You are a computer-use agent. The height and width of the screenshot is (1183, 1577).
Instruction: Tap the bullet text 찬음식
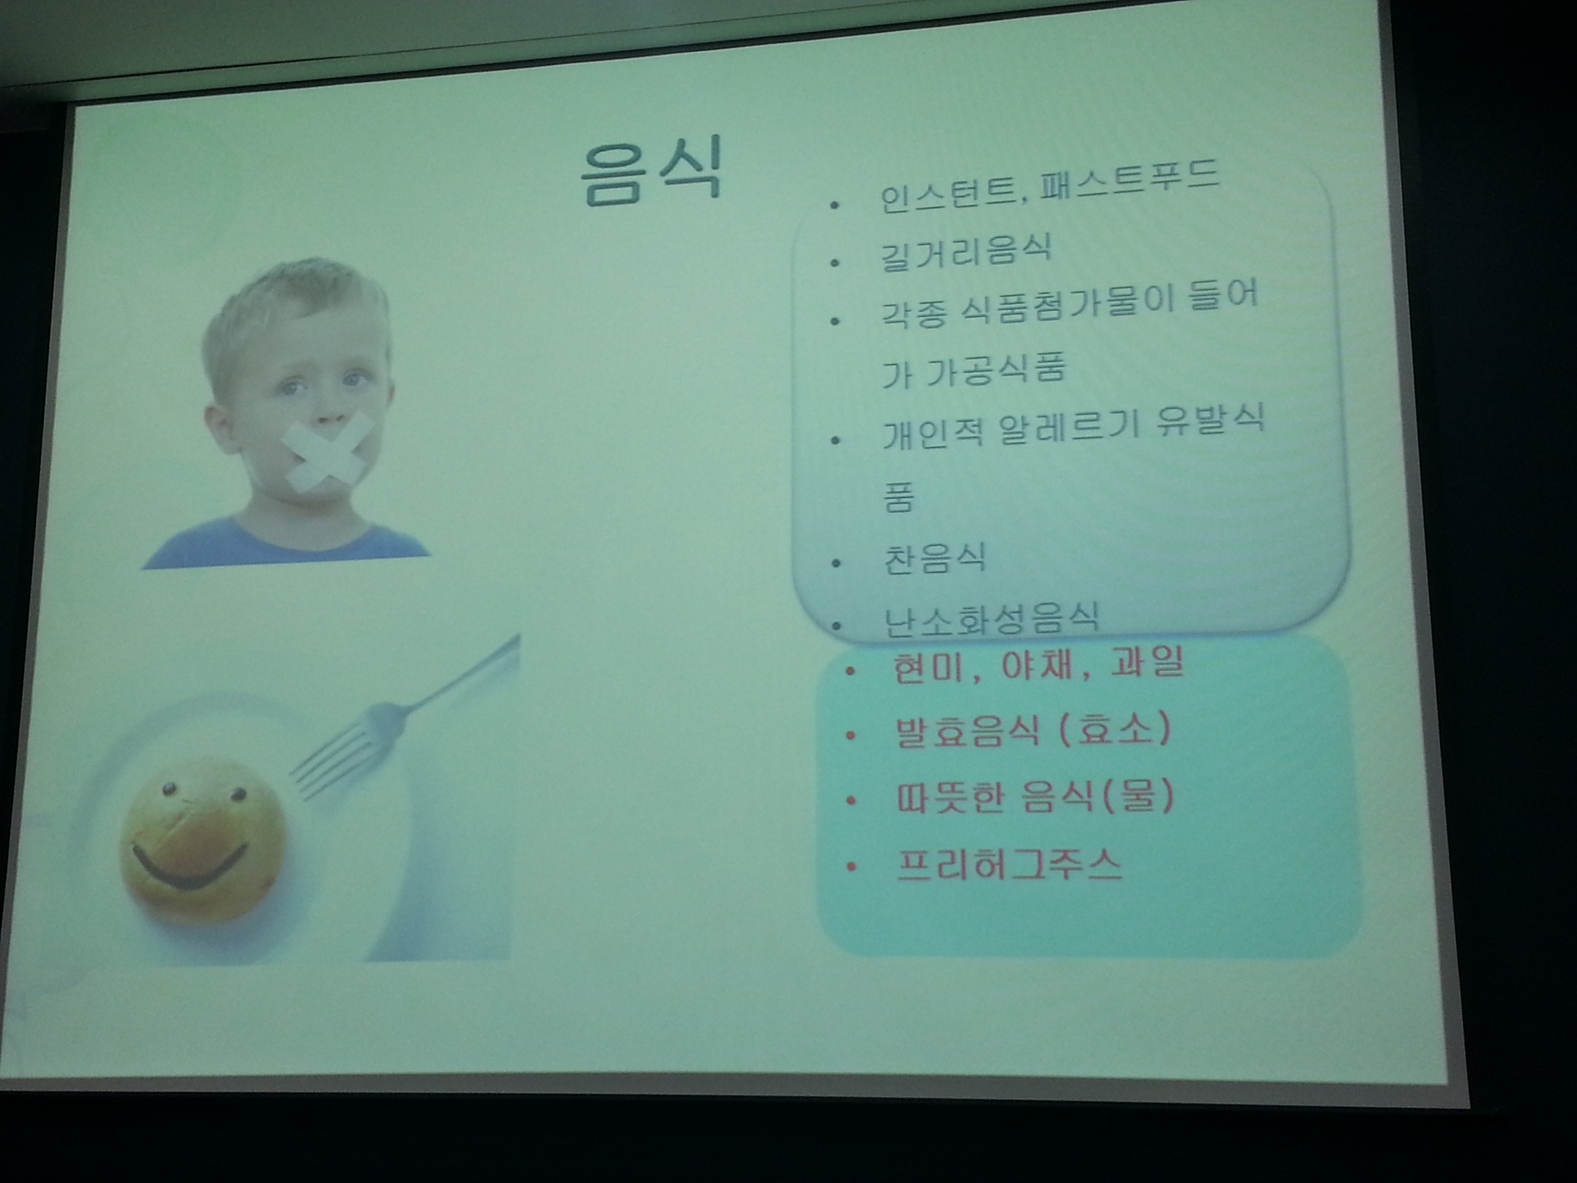[x=934, y=558]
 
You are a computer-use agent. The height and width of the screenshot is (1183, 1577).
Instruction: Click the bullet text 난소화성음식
[x=990, y=619]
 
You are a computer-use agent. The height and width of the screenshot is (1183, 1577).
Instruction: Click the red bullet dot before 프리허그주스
[x=850, y=867]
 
